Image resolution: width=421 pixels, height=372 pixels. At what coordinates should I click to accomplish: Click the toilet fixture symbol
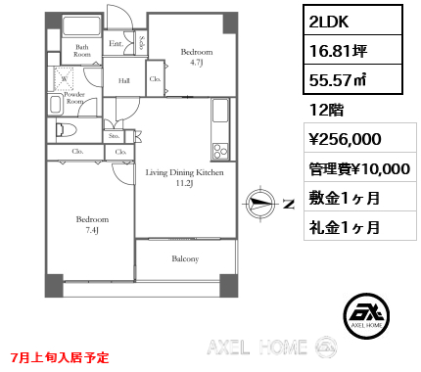[66, 130]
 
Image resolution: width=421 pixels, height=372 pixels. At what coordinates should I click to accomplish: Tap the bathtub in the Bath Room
[81, 25]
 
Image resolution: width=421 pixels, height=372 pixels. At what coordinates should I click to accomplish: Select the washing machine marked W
[64, 78]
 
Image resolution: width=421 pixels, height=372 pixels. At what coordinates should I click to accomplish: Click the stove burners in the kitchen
[219, 151]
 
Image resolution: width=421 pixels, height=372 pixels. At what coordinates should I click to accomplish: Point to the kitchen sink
[220, 110]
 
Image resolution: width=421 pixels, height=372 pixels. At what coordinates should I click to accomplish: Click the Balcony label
[185, 258]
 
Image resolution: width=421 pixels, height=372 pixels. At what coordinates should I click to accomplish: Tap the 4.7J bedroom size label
[197, 63]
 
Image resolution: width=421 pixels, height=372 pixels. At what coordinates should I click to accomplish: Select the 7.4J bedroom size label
[92, 230]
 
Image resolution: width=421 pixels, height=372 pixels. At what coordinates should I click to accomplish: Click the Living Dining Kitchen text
[185, 172]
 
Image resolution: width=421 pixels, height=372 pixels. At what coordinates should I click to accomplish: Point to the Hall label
[124, 80]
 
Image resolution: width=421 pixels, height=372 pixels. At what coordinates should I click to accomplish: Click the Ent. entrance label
[117, 43]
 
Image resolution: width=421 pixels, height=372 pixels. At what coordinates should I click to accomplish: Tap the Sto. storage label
[114, 136]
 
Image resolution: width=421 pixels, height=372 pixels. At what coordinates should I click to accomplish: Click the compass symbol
[260, 204]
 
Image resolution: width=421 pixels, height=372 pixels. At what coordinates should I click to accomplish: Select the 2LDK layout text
[329, 22]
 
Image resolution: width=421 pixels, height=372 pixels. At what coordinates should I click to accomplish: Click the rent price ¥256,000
[345, 139]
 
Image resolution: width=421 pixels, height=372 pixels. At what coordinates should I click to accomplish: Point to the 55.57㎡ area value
[338, 80]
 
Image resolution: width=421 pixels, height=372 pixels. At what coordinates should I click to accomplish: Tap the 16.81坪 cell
[352, 50]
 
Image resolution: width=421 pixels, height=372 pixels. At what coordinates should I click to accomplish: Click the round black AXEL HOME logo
[366, 316]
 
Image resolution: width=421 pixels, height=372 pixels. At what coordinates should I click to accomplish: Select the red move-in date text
[60, 357]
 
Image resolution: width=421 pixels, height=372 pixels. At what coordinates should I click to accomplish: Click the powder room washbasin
[56, 105]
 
